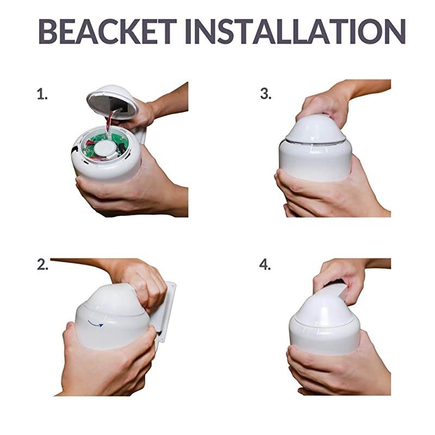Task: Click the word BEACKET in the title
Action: coord(108,32)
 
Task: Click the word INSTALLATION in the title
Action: coord(295,32)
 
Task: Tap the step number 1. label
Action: coord(42,94)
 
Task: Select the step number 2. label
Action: coord(42,264)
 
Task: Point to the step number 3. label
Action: coord(266,94)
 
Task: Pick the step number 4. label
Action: coord(265,264)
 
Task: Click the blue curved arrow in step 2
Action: coord(96,323)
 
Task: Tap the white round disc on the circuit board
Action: coord(103,148)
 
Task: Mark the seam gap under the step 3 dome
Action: coord(315,142)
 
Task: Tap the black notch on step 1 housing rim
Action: coord(74,150)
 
